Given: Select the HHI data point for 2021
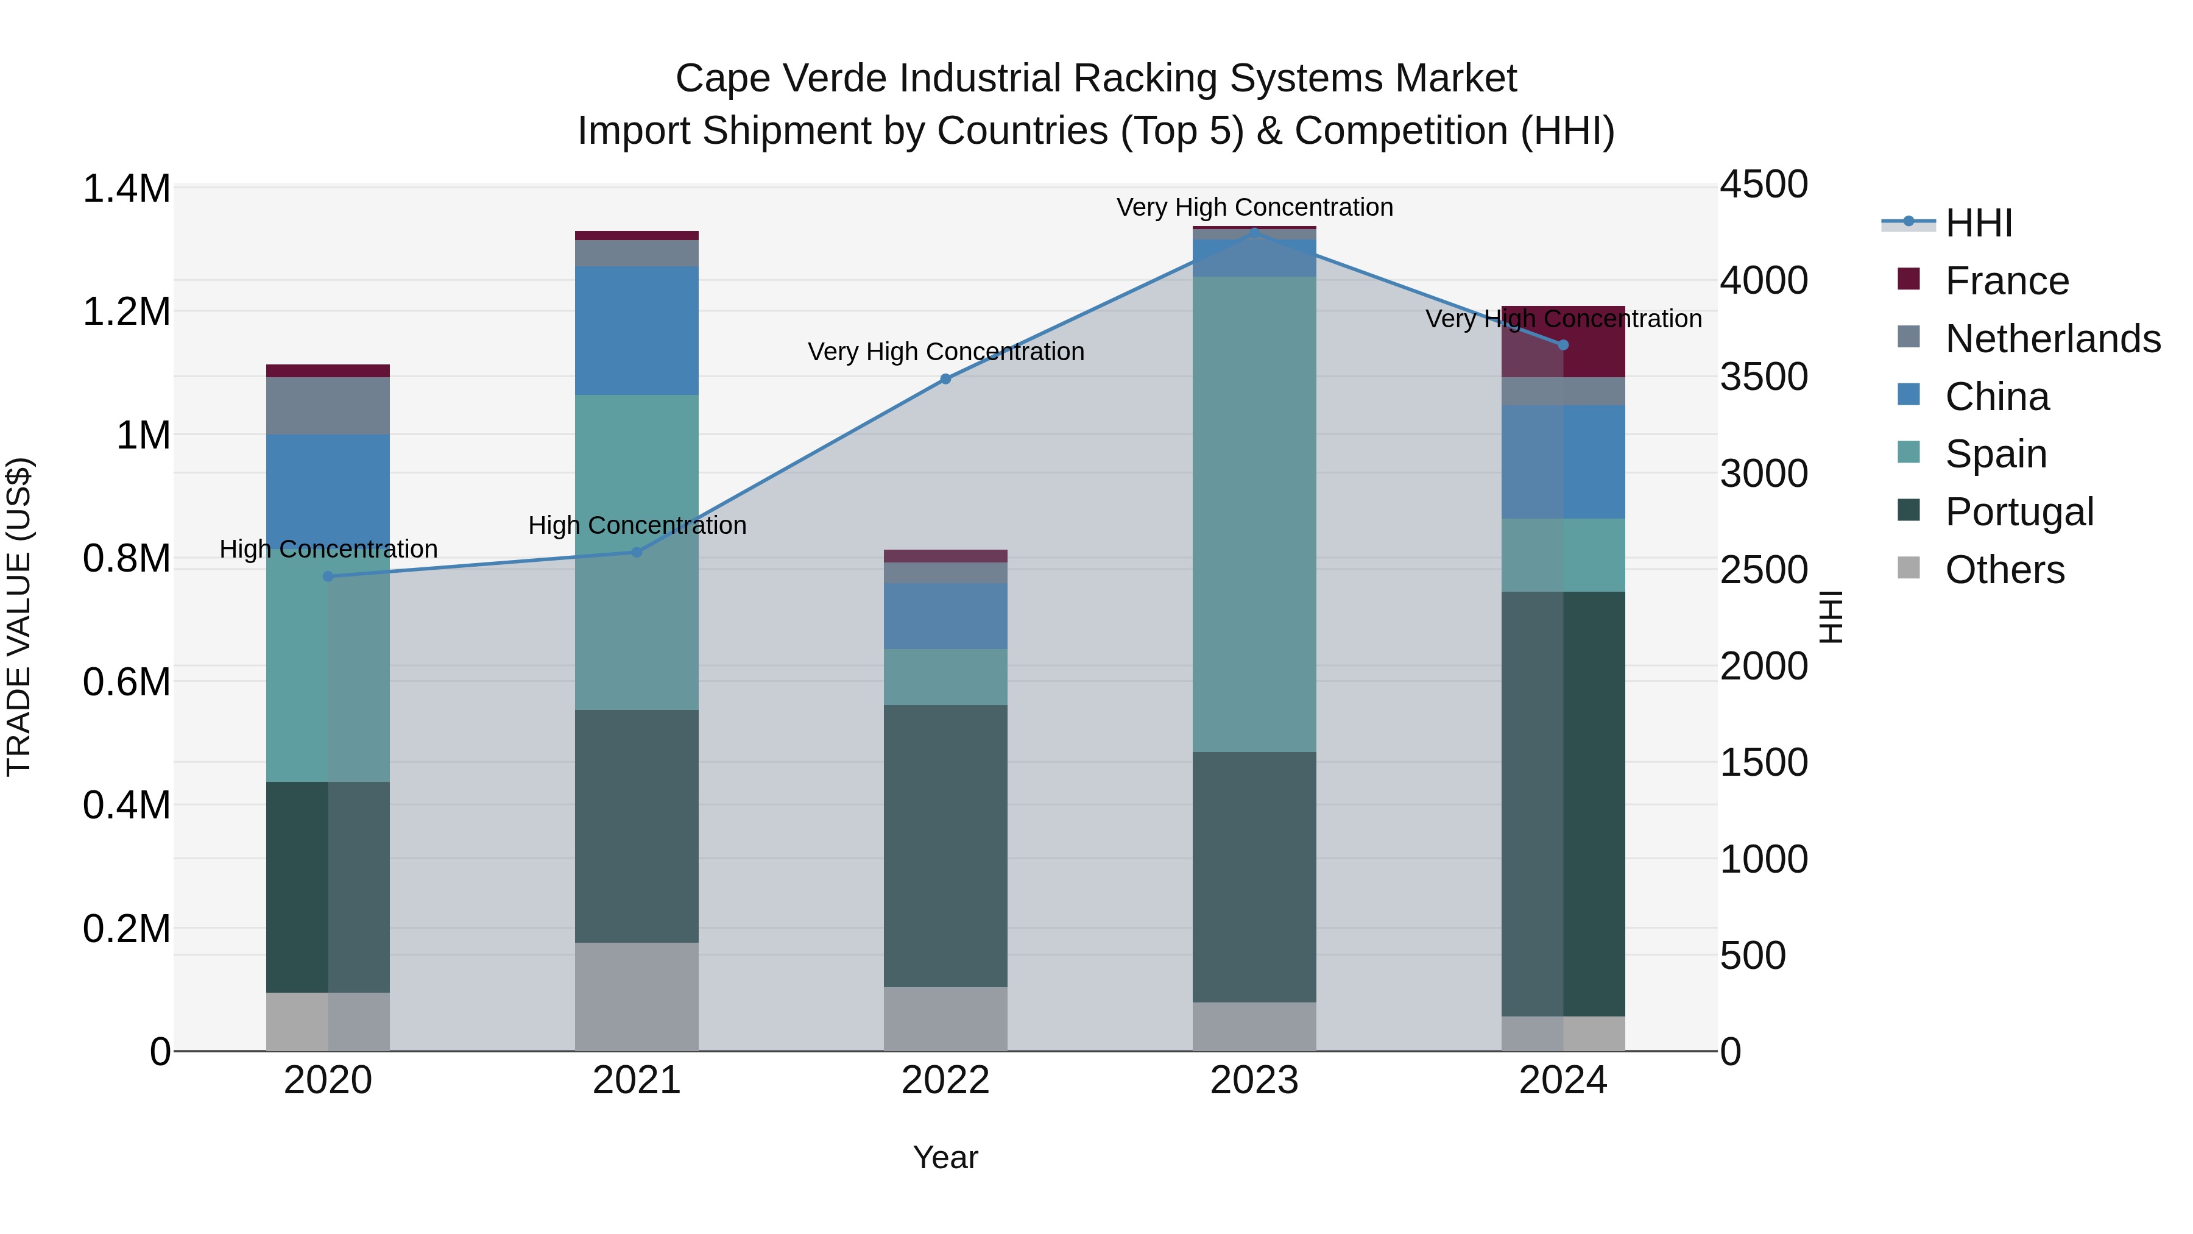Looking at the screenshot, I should click(636, 552).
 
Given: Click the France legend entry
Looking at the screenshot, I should click(2007, 281).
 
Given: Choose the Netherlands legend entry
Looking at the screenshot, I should click(2052, 339).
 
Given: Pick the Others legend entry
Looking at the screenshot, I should click(2004, 570).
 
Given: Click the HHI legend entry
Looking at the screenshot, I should click(1979, 223).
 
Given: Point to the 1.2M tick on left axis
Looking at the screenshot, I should click(126, 311).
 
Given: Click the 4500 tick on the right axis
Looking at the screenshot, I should click(1763, 185).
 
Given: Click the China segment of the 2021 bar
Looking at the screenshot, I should click(636, 330).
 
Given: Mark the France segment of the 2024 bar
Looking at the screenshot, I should click(1563, 341).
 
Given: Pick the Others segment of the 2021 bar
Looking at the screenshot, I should click(636, 996).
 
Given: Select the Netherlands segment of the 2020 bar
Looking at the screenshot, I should click(328, 405).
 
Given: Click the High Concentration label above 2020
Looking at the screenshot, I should click(328, 549).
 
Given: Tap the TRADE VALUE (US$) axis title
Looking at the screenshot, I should click(19, 617).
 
